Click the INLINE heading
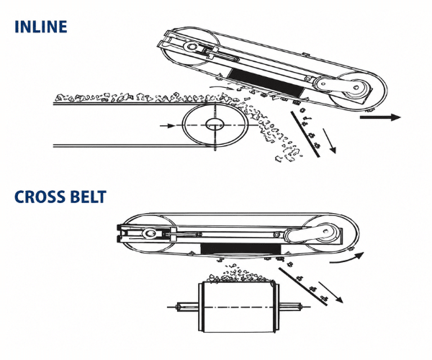point(41,27)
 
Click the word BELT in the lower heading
point(88,197)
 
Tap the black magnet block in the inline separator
point(266,82)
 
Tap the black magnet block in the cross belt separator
point(240,249)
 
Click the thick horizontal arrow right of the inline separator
point(380,117)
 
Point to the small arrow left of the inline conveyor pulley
point(167,126)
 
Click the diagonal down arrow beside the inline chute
point(329,140)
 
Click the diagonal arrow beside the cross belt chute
point(330,292)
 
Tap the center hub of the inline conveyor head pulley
point(215,125)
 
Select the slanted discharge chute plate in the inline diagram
point(305,134)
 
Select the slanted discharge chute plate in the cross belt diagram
point(302,287)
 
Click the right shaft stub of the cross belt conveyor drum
point(291,307)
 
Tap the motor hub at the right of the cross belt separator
point(326,231)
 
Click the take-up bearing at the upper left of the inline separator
point(192,46)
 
